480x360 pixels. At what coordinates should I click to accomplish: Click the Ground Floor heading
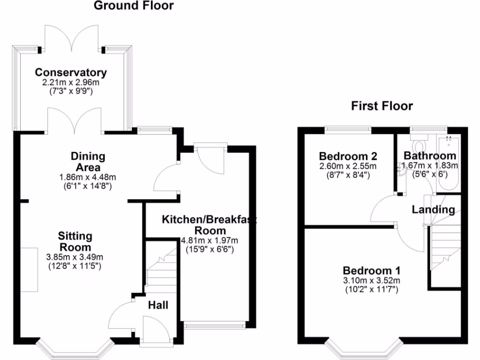tap(134, 6)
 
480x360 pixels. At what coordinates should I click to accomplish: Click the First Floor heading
tap(382, 106)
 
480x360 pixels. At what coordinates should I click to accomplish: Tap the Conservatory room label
tap(71, 73)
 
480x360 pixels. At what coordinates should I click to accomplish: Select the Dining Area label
tap(88, 161)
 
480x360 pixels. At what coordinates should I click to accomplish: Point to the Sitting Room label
tap(75, 241)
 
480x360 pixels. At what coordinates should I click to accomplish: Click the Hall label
tap(158, 306)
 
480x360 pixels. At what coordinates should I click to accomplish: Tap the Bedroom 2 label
tap(348, 156)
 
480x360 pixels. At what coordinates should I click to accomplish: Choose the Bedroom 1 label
tap(371, 270)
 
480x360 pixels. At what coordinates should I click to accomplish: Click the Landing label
tap(433, 210)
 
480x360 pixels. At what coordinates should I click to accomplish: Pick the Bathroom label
tap(430, 156)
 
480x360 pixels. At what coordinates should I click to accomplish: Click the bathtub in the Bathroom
tap(448, 164)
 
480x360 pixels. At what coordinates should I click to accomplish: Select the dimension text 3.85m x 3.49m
tap(75, 257)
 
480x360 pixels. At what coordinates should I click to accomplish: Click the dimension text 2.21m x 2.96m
tap(71, 82)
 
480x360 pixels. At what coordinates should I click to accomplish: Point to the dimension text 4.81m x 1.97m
tap(209, 241)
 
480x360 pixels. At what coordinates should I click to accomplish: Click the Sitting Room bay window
tap(75, 349)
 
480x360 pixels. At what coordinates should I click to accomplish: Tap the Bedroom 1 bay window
tap(364, 349)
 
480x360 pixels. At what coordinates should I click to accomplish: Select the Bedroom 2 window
tap(348, 128)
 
